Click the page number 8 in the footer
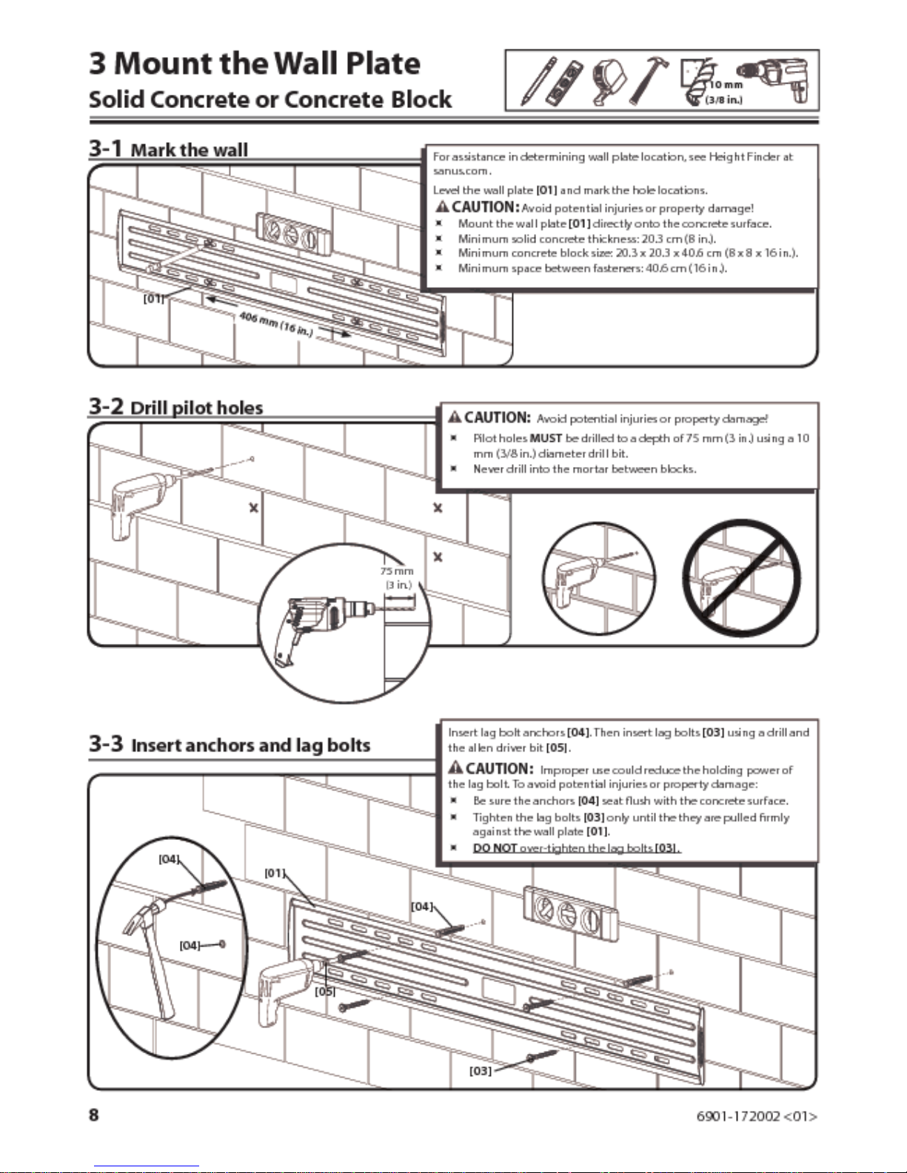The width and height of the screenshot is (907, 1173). (x=94, y=1115)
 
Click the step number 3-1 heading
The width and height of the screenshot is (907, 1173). (x=105, y=148)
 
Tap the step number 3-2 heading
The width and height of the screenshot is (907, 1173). (x=105, y=406)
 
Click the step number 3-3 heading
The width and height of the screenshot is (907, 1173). (x=106, y=743)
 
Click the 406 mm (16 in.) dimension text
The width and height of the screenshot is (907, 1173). (x=276, y=324)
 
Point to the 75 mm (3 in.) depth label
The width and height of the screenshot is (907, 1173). (x=398, y=577)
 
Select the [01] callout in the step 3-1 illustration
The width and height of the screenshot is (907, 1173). (x=153, y=299)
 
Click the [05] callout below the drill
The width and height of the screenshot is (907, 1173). (x=325, y=991)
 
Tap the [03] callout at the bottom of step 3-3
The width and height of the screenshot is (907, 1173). (x=480, y=1070)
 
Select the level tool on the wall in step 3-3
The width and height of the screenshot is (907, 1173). (x=570, y=914)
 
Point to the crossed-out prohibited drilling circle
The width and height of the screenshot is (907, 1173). (x=741, y=578)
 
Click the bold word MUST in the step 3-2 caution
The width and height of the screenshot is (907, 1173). (x=546, y=438)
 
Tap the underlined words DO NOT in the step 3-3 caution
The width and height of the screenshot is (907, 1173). (x=494, y=847)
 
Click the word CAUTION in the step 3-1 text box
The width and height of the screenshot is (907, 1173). (x=484, y=207)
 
